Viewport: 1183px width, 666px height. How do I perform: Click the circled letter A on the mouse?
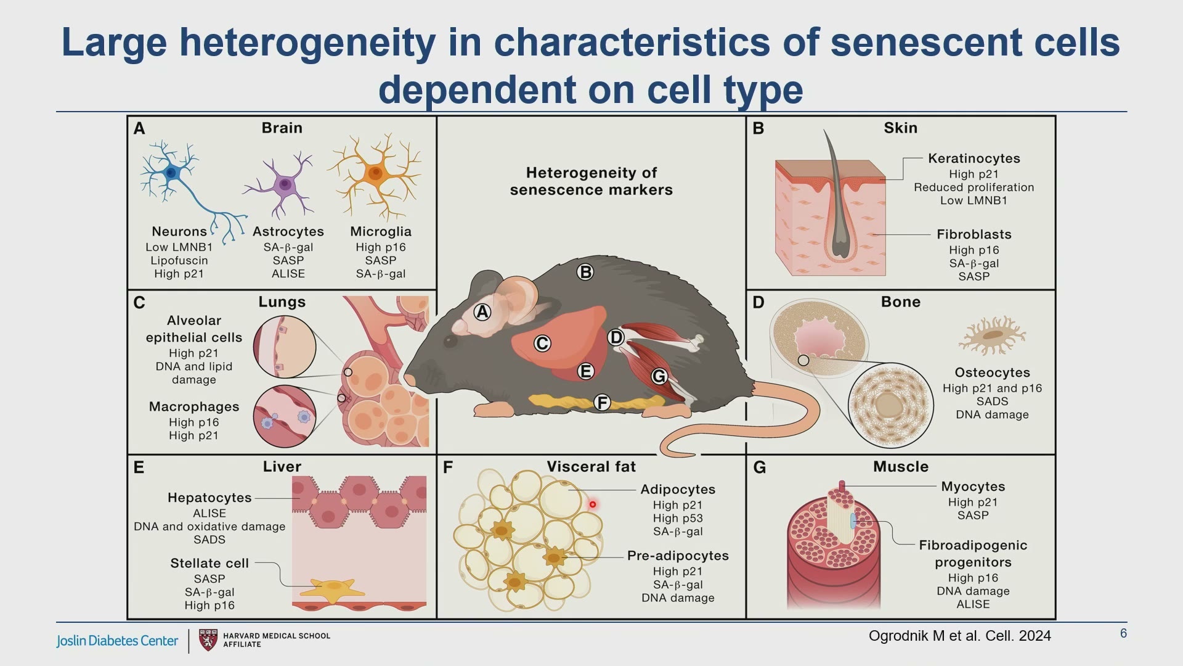point(482,313)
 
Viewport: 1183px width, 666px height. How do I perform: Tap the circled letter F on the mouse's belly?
point(602,403)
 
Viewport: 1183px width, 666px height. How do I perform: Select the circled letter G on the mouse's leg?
point(659,376)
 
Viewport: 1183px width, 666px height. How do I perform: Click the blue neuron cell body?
point(172,173)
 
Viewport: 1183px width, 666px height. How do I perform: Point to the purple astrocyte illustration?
point(283,184)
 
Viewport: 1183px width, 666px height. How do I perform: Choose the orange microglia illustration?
point(375,175)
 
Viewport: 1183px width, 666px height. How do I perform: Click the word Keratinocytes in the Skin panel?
point(974,158)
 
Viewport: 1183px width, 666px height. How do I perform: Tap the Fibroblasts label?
point(974,234)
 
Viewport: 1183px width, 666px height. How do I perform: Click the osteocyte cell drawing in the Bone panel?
point(992,335)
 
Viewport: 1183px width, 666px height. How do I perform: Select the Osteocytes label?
point(992,372)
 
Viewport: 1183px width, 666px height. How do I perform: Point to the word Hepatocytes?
point(209,498)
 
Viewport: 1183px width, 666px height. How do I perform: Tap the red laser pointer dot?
point(593,504)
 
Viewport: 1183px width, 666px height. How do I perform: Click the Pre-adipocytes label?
point(678,556)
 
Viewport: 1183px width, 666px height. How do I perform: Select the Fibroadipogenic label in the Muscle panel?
point(973,545)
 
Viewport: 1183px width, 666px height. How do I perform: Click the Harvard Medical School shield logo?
point(209,640)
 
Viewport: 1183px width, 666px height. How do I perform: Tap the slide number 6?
point(1123,633)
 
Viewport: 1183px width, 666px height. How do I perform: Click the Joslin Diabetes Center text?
point(117,641)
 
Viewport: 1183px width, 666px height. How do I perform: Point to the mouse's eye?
point(450,341)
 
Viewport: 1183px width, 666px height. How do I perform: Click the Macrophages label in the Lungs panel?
point(194,407)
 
